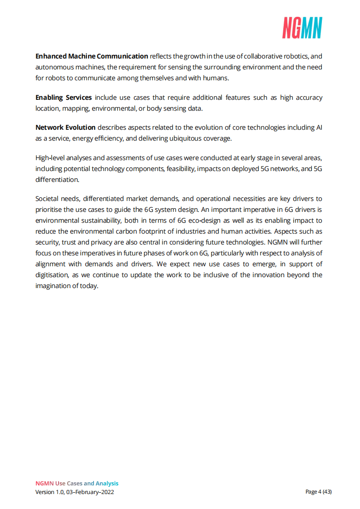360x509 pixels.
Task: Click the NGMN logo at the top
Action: coord(302,28)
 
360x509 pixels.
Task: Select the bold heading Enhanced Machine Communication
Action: coord(92,56)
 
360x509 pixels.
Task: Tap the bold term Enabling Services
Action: coord(64,98)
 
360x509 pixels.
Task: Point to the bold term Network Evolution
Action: coord(65,128)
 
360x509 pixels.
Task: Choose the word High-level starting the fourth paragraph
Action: coord(50,158)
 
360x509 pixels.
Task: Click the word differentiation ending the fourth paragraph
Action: coord(57,179)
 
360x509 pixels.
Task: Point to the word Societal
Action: coord(47,199)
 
